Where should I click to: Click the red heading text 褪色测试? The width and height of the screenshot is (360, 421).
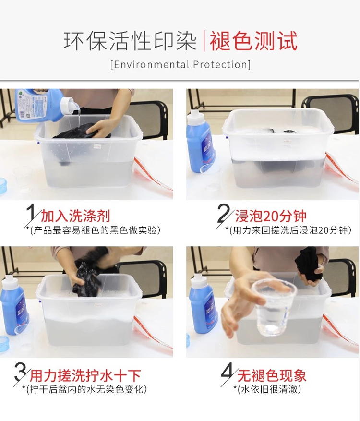[253, 41]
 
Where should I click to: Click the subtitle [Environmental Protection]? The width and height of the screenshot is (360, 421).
[180, 65]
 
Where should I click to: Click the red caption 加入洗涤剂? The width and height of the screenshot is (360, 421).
[75, 217]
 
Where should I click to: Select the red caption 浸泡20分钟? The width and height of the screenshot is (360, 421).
[271, 217]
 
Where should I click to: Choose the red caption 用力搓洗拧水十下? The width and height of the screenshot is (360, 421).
[85, 375]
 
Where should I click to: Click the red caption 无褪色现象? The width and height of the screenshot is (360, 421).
[272, 375]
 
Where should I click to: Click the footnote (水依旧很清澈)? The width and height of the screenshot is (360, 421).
[269, 389]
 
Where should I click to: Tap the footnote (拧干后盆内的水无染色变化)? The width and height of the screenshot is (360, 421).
[86, 389]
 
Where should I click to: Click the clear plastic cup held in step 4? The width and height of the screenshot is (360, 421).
[274, 307]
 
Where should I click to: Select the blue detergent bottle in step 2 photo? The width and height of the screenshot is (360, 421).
[200, 141]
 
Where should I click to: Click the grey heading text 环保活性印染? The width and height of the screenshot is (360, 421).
[131, 41]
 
